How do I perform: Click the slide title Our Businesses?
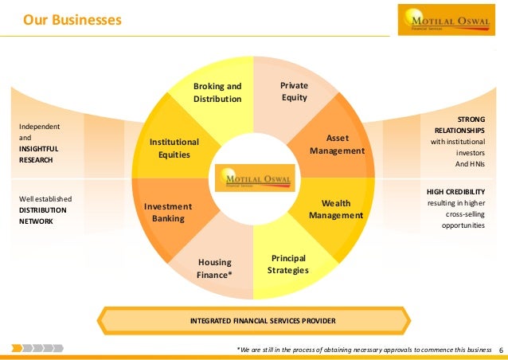(x=72, y=18)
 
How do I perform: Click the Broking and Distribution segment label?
(x=217, y=92)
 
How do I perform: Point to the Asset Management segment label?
(x=337, y=144)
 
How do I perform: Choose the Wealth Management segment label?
(x=336, y=209)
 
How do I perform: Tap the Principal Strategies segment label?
(x=288, y=264)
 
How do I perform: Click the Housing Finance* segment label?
(x=214, y=269)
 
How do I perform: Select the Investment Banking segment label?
(x=168, y=213)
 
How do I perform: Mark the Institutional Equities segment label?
(x=174, y=148)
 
